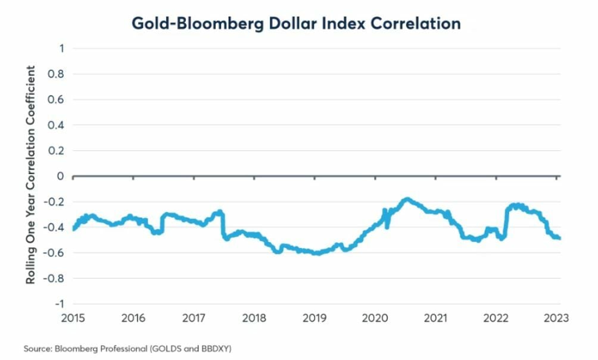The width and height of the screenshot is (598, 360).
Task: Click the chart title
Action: (295, 23)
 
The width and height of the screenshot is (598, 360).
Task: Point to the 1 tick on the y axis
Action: (60, 48)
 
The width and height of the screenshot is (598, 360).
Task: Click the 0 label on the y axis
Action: (60, 176)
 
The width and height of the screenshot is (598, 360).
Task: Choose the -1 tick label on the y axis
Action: (58, 303)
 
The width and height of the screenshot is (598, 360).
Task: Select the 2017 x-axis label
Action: (194, 318)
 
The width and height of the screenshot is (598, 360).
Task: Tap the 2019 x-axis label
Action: (315, 318)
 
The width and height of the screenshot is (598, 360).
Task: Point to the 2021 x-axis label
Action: (436, 318)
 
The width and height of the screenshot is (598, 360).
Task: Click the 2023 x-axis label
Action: (556, 318)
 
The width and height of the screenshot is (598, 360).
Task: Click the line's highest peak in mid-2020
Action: (407, 199)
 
